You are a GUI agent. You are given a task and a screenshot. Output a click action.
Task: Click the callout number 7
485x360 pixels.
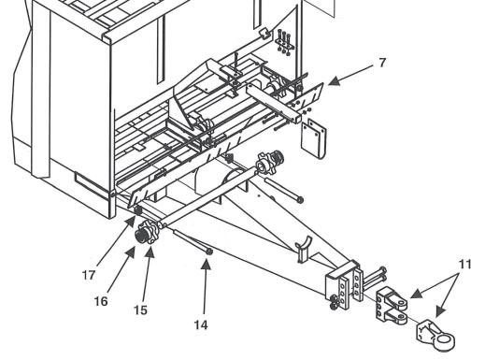(382, 63)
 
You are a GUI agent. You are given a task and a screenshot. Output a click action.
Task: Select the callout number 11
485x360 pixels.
(464, 265)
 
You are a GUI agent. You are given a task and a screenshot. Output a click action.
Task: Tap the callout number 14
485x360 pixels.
(201, 325)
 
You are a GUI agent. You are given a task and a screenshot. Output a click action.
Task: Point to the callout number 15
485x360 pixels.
(140, 310)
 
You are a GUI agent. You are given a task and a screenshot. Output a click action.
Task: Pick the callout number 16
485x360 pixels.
(101, 301)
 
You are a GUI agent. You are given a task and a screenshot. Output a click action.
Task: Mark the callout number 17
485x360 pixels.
(89, 275)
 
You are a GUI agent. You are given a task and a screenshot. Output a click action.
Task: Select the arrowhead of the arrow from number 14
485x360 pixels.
(206, 265)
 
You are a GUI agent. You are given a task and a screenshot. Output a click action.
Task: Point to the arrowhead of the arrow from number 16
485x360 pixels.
(131, 252)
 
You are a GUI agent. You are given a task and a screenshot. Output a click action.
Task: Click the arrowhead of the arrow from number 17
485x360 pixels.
(131, 222)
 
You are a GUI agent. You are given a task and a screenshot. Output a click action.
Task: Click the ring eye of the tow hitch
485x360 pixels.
(444, 342)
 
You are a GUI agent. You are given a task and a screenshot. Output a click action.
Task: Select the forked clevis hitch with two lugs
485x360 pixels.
(392, 306)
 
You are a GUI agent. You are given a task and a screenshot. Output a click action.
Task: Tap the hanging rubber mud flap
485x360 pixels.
(313, 138)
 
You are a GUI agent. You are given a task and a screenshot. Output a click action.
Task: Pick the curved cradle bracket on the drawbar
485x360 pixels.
(304, 248)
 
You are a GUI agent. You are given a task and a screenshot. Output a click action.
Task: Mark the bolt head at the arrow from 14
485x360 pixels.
(209, 252)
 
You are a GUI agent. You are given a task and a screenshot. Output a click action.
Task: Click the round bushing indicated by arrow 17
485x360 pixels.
(138, 210)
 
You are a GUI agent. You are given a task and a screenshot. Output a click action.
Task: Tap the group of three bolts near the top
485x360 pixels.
(284, 42)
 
